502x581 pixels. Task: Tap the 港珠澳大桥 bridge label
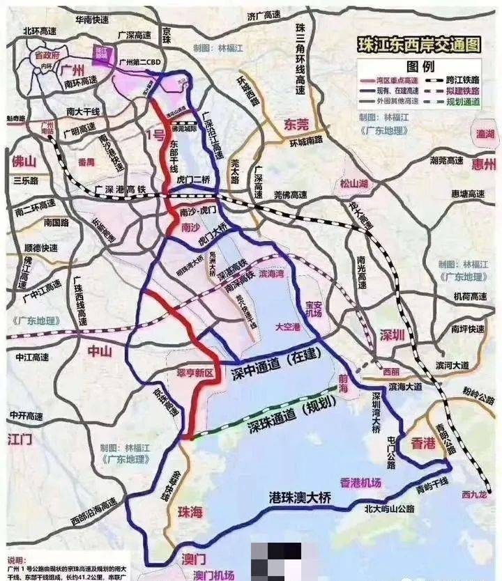304,499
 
